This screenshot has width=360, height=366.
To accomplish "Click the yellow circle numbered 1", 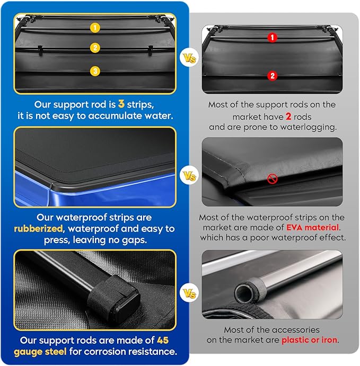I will point(95,26).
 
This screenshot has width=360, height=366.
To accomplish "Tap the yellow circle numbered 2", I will point(95,48).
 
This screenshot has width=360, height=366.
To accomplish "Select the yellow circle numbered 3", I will point(95,71).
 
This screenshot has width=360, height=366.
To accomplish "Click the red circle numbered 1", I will point(272,38).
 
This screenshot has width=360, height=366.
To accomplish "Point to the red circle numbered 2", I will point(272,76).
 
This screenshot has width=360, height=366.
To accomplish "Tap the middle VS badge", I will point(188,175).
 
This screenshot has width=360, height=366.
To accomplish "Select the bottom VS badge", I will point(188,292).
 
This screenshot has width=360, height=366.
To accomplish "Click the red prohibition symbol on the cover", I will point(273,178).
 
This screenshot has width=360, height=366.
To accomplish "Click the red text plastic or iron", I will point(309,340).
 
